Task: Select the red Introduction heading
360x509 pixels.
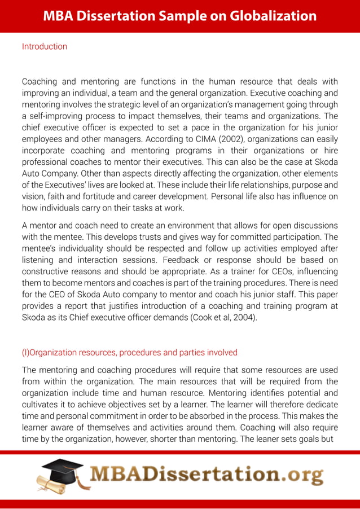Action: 44,46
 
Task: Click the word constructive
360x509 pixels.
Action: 47,272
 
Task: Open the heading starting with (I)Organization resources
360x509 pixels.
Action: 129,352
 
